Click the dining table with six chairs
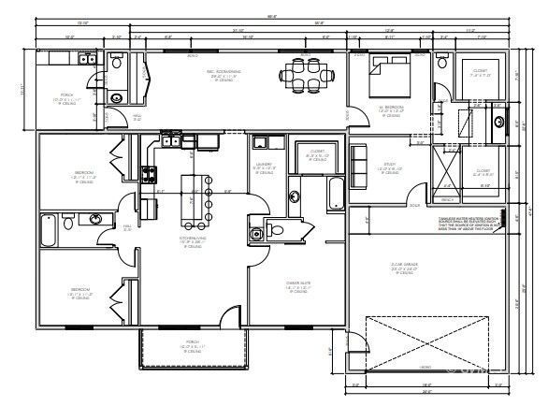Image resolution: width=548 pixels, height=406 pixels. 305,70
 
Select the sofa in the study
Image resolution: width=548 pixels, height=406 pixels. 359,166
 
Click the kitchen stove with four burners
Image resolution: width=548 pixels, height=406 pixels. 148,173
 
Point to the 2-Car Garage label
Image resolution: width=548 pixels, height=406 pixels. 403,268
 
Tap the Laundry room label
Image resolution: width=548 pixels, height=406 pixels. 264,170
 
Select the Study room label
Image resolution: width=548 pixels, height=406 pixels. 389,167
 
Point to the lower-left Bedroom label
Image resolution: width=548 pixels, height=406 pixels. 79,292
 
